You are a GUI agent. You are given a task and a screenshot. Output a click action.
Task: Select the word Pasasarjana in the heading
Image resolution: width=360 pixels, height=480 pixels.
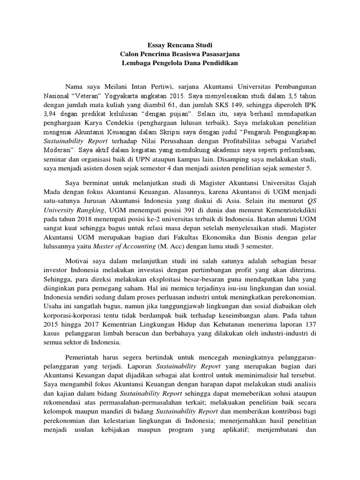click(220, 54)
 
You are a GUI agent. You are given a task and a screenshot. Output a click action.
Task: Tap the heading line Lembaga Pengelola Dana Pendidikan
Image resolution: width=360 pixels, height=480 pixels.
click(180, 63)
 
